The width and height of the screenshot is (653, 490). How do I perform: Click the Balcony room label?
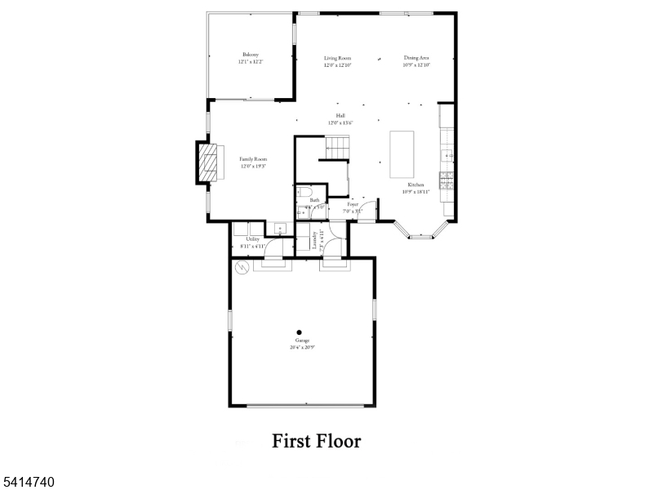coord(251,55)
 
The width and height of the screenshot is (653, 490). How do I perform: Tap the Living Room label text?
coord(337,58)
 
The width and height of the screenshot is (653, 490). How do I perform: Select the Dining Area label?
coord(416,58)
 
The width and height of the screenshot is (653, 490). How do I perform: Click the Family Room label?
coord(253,159)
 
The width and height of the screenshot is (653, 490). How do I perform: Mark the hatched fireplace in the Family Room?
coord(210,163)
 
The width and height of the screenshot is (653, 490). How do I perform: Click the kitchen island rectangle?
coord(402,154)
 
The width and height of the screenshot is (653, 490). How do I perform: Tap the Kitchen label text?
coord(416,185)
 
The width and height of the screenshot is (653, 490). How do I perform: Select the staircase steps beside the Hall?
coord(337,148)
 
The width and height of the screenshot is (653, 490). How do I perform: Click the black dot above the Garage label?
coord(299,332)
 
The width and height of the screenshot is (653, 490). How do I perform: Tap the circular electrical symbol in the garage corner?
coord(241,266)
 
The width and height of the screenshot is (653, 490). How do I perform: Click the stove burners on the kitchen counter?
coord(446,180)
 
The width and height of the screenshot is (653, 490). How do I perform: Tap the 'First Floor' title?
coord(316,441)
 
